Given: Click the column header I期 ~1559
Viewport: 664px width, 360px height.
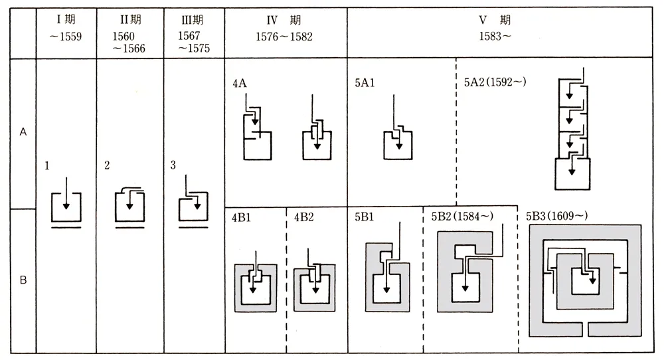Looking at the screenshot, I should click(x=66, y=31).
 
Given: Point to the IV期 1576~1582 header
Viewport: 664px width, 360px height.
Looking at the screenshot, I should click(x=284, y=31).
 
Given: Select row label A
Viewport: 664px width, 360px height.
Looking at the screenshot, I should click(x=23, y=132).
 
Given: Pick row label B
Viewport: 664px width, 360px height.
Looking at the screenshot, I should click(x=23, y=280).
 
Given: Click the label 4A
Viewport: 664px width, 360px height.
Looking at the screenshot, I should click(x=240, y=84).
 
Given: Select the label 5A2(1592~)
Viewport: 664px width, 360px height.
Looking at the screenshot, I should click(x=491, y=84).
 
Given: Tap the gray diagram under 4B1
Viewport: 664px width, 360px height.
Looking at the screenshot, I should click(x=255, y=286).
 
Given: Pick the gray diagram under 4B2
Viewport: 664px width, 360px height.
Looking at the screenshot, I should click(x=313, y=286).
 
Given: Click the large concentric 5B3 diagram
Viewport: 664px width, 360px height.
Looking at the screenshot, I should click(x=584, y=279).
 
